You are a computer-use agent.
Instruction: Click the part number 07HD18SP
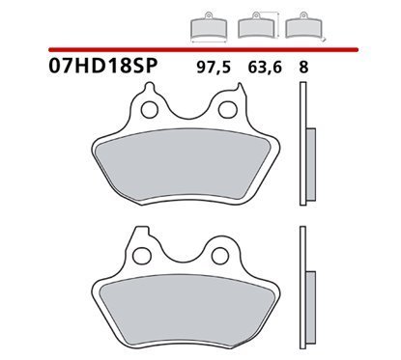(102, 66)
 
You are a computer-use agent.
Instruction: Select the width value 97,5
(214, 68)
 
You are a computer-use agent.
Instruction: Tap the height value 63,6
(265, 68)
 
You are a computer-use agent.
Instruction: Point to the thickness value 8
(303, 68)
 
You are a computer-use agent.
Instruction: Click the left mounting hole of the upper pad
(149, 110)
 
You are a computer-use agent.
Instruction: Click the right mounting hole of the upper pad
(226, 110)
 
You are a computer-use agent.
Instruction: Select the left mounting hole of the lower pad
(142, 256)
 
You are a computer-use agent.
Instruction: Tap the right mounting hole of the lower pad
(219, 256)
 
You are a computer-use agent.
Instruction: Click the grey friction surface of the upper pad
(184, 163)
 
